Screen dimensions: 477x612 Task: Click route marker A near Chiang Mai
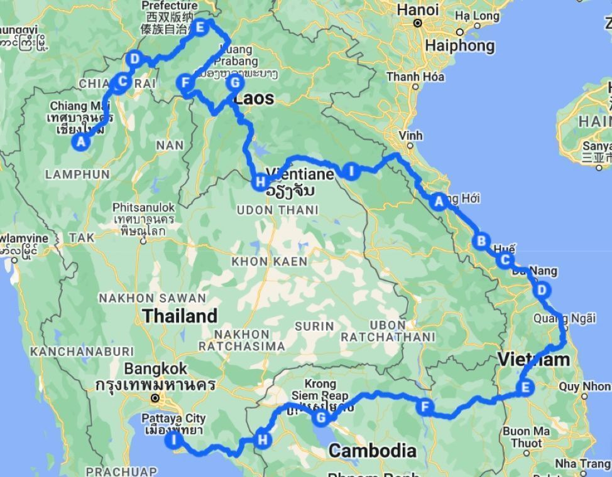[x=80, y=142]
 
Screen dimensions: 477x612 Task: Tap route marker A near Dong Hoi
[x=439, y=201]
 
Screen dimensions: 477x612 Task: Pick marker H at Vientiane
[x=260, y=183]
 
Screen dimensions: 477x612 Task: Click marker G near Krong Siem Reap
[x=321, y=417]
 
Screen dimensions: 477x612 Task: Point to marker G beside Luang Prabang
[x=234, y=82]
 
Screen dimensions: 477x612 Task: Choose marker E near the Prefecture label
[x=200, y=27]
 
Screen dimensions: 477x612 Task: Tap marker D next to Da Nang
[x=542, y=290]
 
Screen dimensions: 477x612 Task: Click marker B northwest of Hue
[x=481, y=240]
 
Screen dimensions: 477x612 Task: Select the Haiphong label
[x=460, y=46]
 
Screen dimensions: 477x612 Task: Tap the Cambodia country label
[x=372, y=450]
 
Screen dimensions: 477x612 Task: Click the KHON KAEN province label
[x=270, y=261]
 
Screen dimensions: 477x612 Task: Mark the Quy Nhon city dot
[x=584, y=396]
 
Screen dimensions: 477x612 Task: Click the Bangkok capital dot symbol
[x=155, y=398]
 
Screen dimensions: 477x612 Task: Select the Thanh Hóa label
[x=415, y=77]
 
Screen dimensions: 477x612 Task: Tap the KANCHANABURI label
[x=82, y=351]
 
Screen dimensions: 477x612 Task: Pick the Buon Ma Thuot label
[x=526, y=437]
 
